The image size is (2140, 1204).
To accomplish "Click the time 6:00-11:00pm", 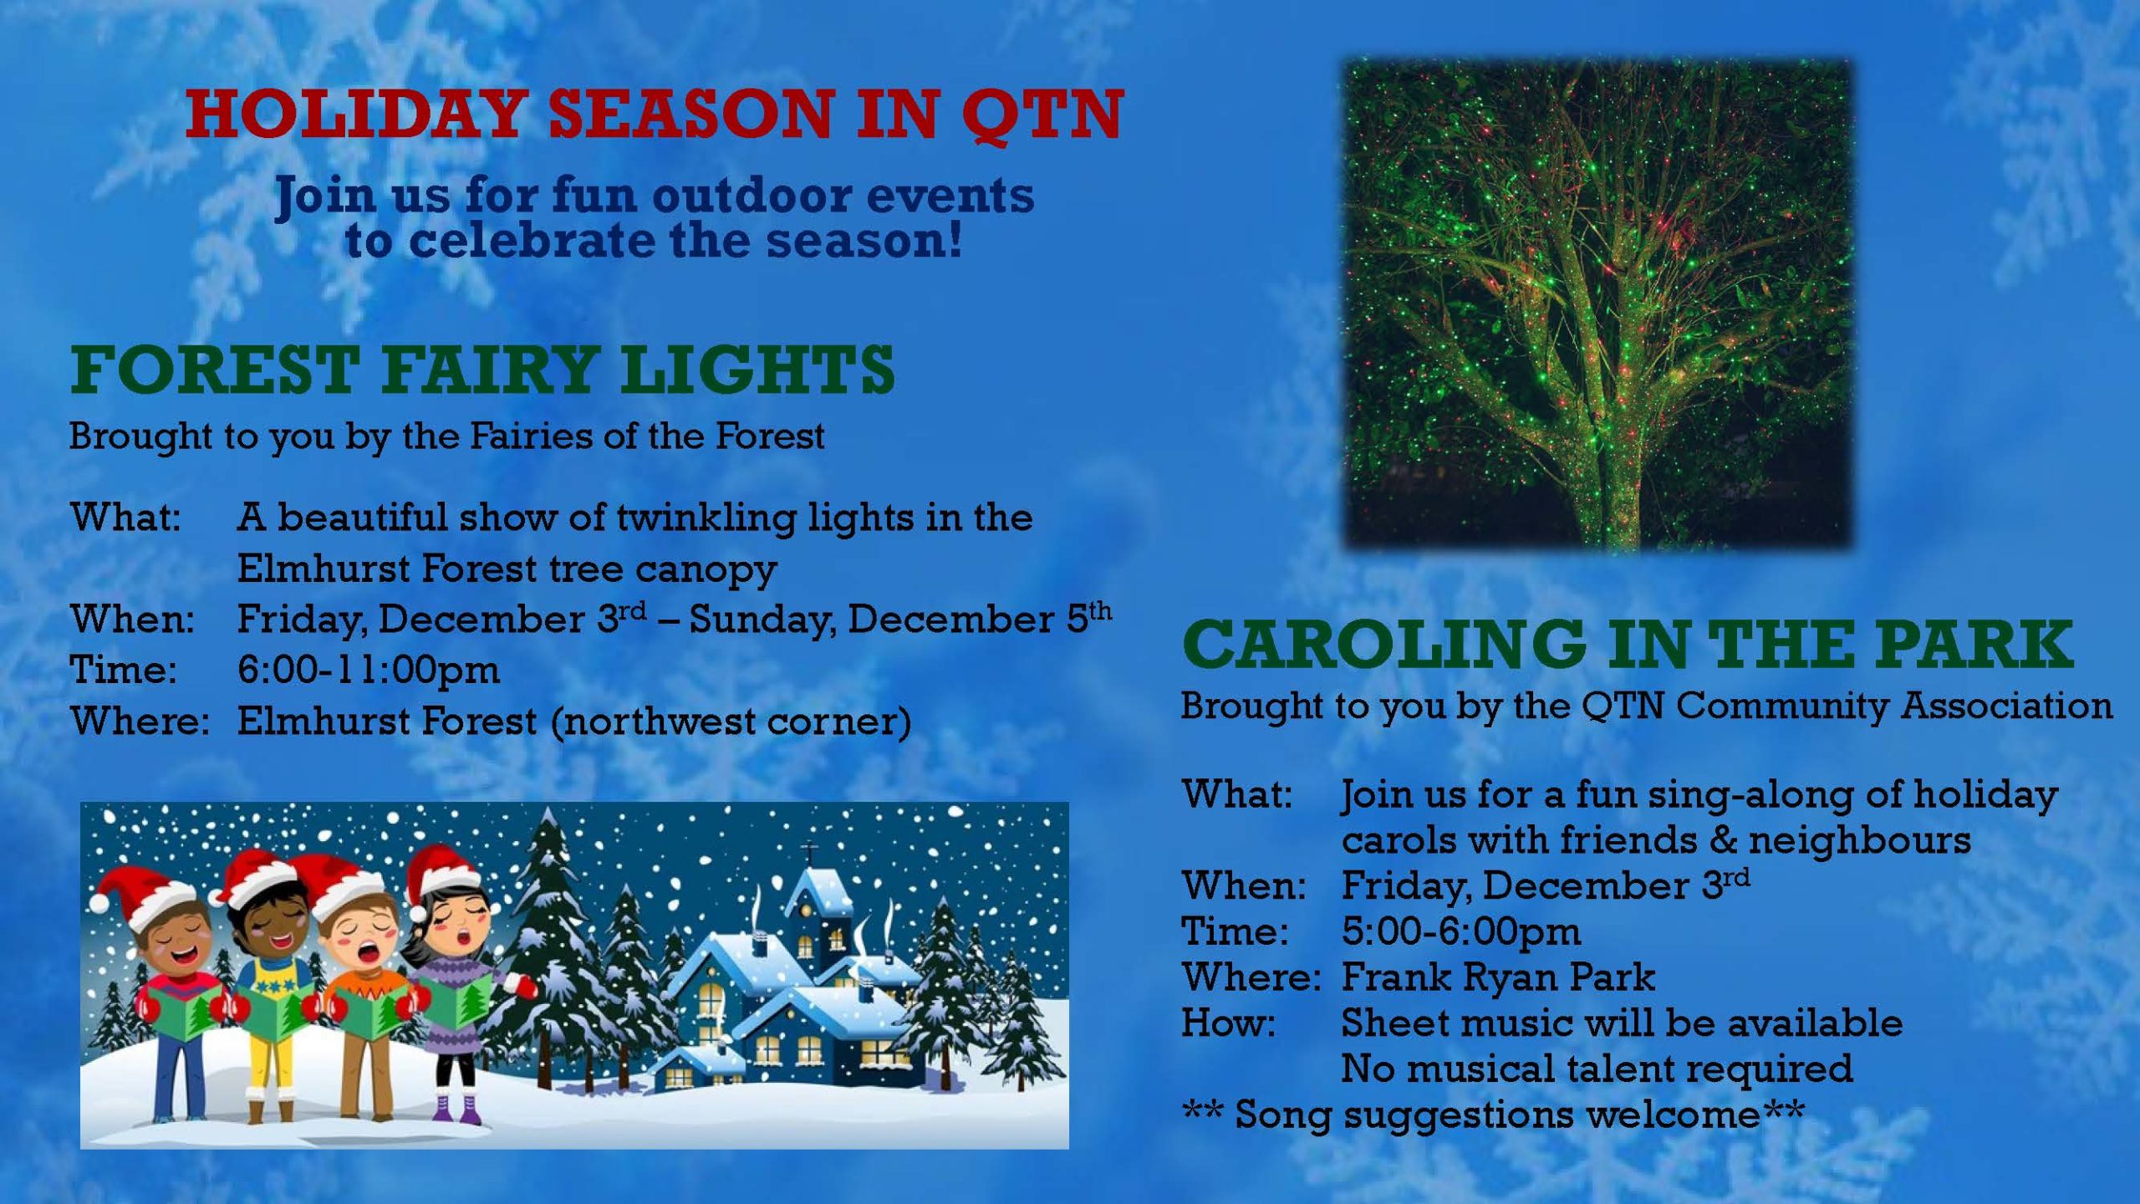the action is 368,670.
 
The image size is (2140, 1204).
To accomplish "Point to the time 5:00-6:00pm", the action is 1461,931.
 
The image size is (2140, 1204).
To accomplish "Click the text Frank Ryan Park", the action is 1498,977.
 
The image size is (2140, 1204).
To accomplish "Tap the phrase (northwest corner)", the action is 731,722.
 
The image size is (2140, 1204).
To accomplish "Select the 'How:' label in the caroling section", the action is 1228,1023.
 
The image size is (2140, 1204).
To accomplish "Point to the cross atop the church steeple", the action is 809,854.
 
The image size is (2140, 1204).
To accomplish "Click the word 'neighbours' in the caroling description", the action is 1859,840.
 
